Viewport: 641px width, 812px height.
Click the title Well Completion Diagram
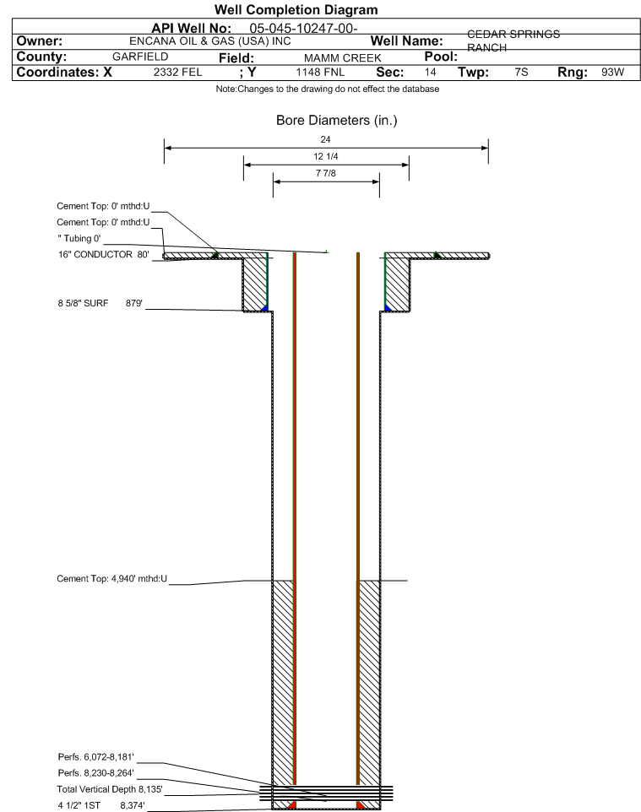click(x=296, y=10)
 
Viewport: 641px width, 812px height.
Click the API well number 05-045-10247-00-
click(x=304, y=29)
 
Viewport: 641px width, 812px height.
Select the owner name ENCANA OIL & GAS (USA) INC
click(x=210, y=41)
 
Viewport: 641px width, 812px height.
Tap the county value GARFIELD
click(x=140, y=57)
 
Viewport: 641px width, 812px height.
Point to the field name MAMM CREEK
click(x=343, y=58)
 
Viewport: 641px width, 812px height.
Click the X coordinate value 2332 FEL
click(x=177, y=72)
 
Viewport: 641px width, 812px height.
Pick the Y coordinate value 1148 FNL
click(x=320, y=72)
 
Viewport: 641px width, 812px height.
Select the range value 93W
click(x=612, y=72)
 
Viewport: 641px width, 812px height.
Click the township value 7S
click(x=521, y=72)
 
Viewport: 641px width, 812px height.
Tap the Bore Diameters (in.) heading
click(x=337, y=121)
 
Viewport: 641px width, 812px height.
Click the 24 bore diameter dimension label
click(x=325, y=139)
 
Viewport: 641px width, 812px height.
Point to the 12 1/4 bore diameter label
click(x=326, y=156)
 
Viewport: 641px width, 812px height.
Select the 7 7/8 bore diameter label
click(x=326, y=173)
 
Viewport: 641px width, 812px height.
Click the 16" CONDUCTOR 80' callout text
click(x=104, y=254)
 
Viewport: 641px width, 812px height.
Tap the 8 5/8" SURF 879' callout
click(x=100, y=303)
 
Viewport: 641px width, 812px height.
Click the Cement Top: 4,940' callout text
click(x=112, y=578)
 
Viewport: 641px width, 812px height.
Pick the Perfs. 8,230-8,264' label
click(x=96, y=773)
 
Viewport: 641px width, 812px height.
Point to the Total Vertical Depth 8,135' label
click(x=110, y=789)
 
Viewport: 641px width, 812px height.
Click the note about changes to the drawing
click(x=328, y=89)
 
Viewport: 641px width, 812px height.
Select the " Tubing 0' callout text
click(x=79, y=238)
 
